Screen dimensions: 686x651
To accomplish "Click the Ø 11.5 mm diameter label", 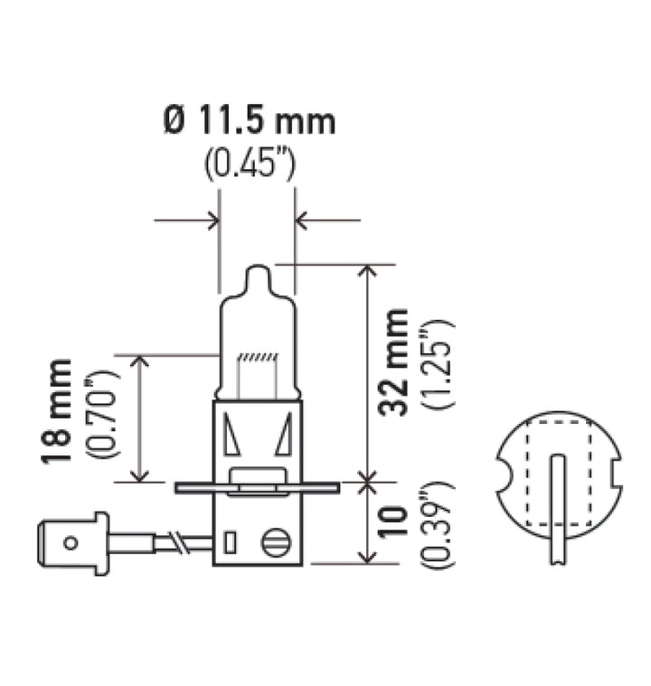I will pyautogui.click(x=249, y=121).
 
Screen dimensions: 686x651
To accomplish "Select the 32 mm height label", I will pyautogui.click(x=393, y=362).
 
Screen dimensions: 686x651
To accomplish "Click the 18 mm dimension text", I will pyautogui.click(x=60, y=411).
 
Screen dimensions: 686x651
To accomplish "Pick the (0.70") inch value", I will pyautogui.click(x=102, y=412).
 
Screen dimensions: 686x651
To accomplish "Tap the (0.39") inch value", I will pyautogui.click(x=440, y=524).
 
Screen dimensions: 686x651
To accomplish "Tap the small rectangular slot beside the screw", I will pyautogui.click(x=230, y=543).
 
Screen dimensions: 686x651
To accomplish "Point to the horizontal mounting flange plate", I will pyautogui.click(x=257, y=488).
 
